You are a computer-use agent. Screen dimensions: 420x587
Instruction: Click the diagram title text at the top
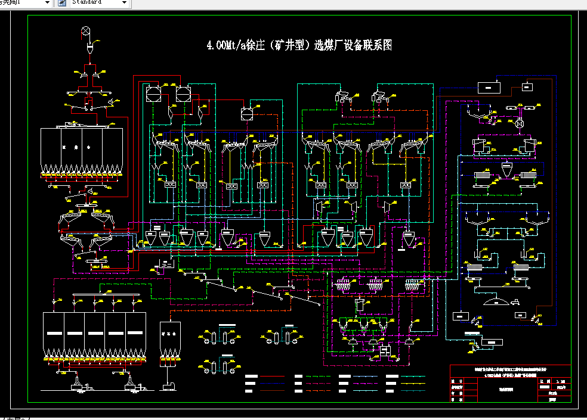(x=299, y=45)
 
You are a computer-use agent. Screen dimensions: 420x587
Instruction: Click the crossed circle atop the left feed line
(x=86, y=30)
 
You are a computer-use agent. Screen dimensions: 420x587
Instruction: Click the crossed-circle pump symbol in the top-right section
(x=520, y=125)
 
